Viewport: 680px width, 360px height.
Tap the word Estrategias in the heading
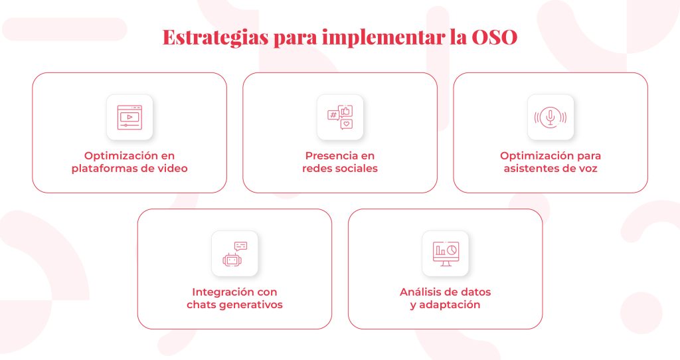tap(216, 38)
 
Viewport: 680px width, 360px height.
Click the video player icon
tap(129, 117)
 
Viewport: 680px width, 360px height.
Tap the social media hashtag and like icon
tap(340, 117)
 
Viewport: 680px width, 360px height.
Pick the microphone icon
tap(551, 117)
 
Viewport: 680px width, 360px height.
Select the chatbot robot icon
tap(234, 254)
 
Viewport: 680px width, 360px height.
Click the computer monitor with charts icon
tap(446, 254)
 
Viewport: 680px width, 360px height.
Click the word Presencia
tap(327, 155)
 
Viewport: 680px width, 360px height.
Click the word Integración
tap(222, 292)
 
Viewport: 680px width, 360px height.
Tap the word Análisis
tap(418, 292)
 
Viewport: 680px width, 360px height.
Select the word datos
tap(475, 292)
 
